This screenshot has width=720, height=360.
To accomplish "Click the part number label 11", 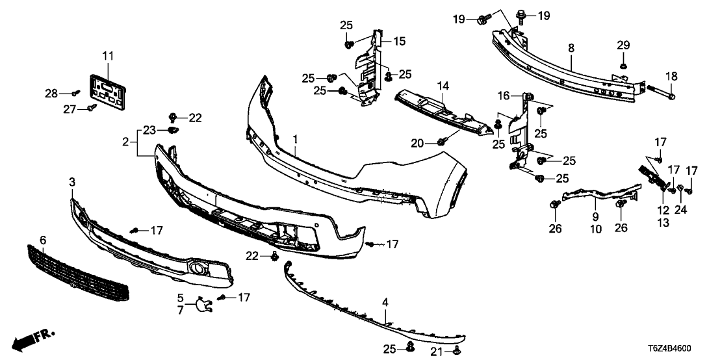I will (x=107, y=55).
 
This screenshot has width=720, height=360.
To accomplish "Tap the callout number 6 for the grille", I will (x=43, y=240).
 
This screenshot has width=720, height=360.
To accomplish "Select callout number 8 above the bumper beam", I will (x=571, y=47).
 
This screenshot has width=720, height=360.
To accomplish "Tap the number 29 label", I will (x=623, y=45).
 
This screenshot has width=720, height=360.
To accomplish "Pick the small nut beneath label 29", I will (x=623, y=65).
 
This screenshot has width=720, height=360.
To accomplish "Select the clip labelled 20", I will (x=441, y=141).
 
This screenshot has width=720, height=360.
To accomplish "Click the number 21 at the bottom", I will (x=435, y=352).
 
